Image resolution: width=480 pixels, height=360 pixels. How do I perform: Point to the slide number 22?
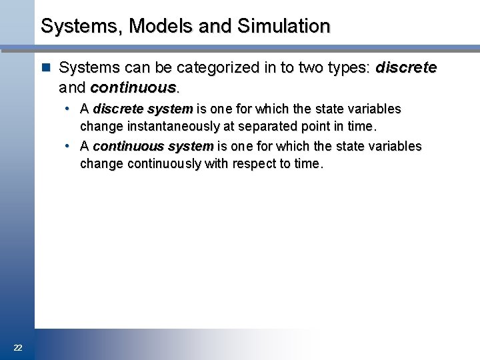18,347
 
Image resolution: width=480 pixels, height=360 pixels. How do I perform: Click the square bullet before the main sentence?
45,68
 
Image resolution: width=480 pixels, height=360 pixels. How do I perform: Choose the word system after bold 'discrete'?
171,109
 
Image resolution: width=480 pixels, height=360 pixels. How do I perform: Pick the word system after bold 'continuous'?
191,146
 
